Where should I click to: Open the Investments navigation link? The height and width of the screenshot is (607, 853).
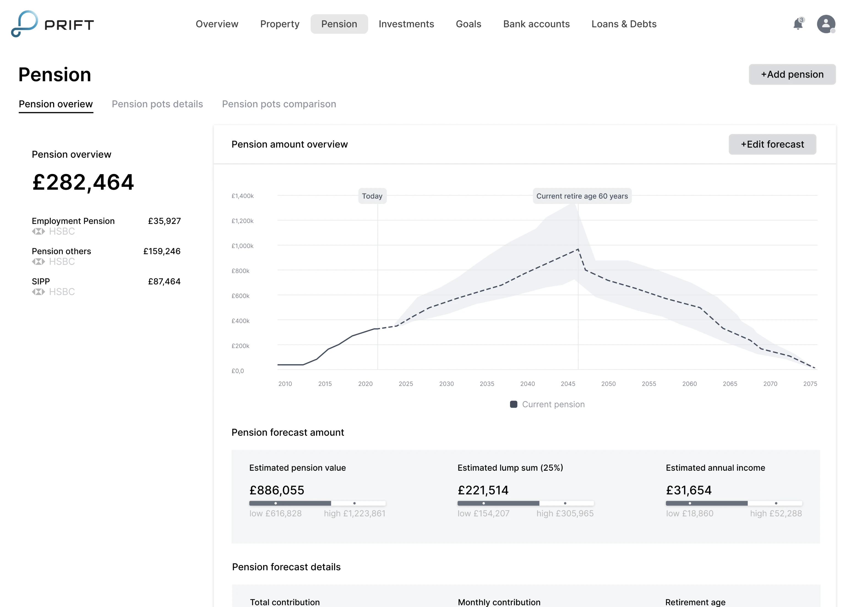pyautogui.click(x=406, y=24)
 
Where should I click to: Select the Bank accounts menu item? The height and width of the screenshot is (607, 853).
pyautogui.click(x=536, y=24)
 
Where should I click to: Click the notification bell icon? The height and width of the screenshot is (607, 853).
pyautogui.click(x=797, y=24)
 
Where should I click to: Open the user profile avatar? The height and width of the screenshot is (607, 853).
pyautogui.click(x=826, y=24)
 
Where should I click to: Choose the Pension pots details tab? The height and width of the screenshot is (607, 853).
pyautogui.click(x=157, y=104)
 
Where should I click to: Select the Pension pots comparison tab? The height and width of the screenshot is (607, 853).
pyautogui.click(x=279, y=104)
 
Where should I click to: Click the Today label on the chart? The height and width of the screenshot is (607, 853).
pyautogui.click(x=372, y=196)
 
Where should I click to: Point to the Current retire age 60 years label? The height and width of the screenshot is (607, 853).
pyautogui.click(x=582, y=196)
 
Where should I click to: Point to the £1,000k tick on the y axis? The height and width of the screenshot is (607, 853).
pyautogui.click(x=242, y=246)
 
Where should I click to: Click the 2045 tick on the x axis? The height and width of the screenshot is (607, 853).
pyautogui.click(x=568, y=384)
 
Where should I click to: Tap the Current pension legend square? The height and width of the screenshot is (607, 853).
pyautogui.click(x=513, y=404)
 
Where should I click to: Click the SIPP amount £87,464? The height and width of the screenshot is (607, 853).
pyautogui.click(x=164, y=281)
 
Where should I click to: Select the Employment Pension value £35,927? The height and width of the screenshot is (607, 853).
pyautogui.click(x=164, y=221)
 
